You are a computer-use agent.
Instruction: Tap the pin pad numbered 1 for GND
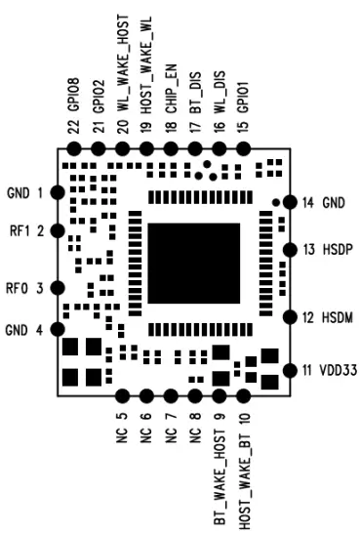click(58, 192)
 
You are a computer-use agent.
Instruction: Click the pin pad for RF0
click(58, 288)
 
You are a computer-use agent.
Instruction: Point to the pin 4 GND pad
click(58, 329)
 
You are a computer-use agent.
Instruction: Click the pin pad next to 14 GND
click(289, 203)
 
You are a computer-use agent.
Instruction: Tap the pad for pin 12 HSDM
click(289, 317)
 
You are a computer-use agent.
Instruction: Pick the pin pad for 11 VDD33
click(289, 371)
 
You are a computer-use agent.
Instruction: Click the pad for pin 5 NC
click(123, 396)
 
